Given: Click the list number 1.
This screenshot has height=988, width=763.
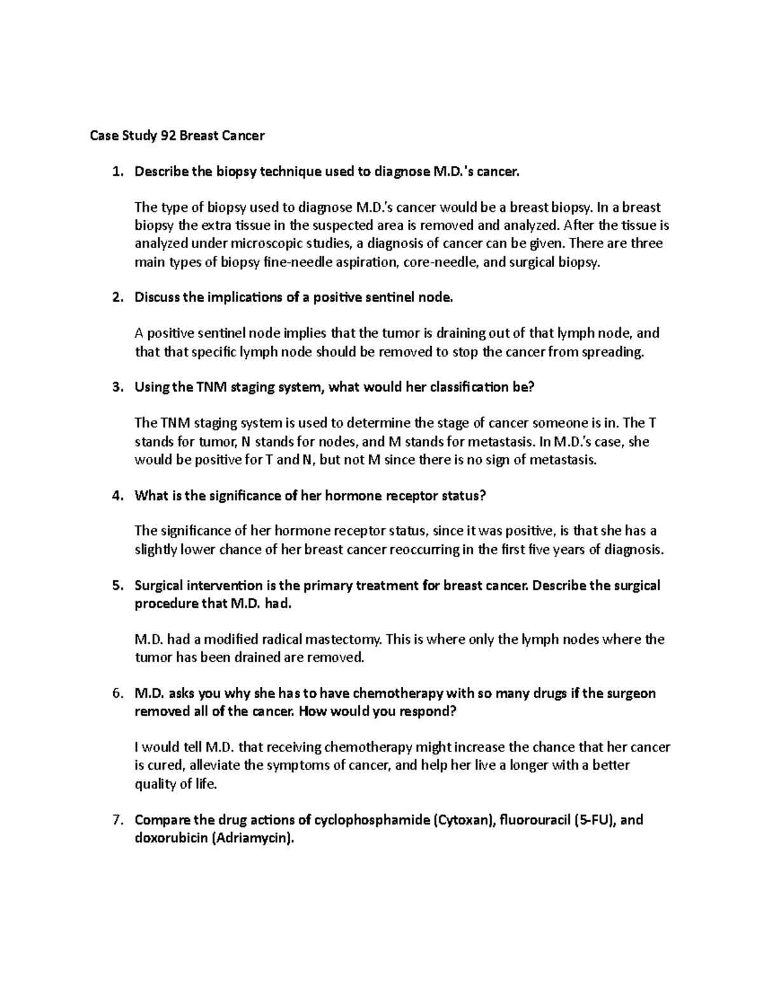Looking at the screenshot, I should pos(115,171).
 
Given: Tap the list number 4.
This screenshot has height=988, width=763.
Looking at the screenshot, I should pos(115,496).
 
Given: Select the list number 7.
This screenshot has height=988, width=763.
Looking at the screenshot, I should pos(115,820).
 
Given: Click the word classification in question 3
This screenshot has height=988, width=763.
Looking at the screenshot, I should pos(470,387).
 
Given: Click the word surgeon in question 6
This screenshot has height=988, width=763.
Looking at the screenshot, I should pos(633,693).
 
